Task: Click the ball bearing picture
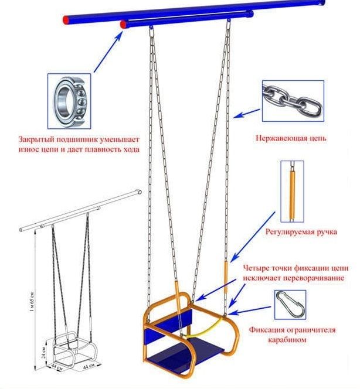click(x=69, y=101)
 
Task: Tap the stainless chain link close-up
click(x=293, y=101)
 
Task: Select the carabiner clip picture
click(x=290, y=305)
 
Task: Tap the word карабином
click(x=287, y=339)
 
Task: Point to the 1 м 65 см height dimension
click(x=32, y=302)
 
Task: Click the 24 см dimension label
click(x=44, y=353)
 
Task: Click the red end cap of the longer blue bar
click(x=66, y=20)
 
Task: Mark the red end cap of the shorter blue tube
click(x=123, y=25)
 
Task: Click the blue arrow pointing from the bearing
click(x=108, y=52)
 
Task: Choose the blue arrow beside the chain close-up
click(x=246, y=113)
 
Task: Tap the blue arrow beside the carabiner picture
click(x=250, y=310)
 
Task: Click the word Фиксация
click(x=266, y=330)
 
